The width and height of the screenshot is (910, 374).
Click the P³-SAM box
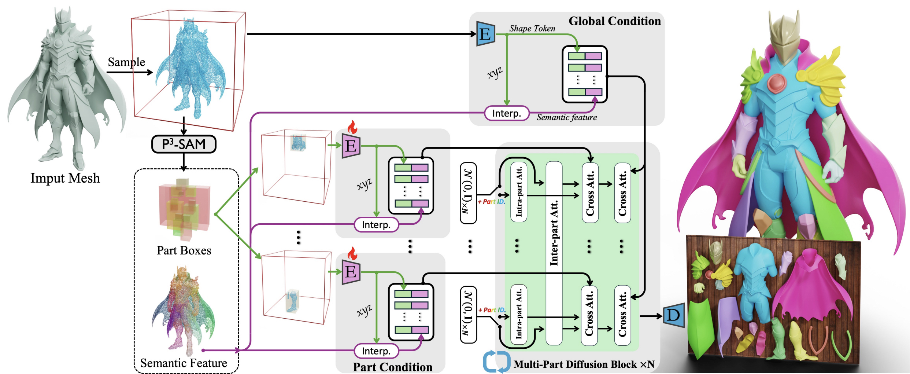[184, 144]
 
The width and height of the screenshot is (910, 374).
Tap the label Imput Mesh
[65, 178]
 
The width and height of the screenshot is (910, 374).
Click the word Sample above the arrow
[126, 62]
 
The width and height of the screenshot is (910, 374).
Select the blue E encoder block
[485, 34]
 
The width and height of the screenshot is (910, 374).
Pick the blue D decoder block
[673, 315]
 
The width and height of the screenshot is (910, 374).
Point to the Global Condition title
[615, 21]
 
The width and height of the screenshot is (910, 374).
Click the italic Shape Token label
[532, 29]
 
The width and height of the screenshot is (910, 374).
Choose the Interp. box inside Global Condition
[507, 113]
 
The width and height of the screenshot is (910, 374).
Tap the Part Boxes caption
[184, 250]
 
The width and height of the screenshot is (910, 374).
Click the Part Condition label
[392, 367]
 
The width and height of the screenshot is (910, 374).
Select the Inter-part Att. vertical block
[554, 253]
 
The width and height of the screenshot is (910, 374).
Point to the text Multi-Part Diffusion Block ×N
[584, 364]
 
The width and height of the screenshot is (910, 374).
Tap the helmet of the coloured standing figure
[784, 40]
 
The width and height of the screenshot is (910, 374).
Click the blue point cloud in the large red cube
[190, 70]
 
